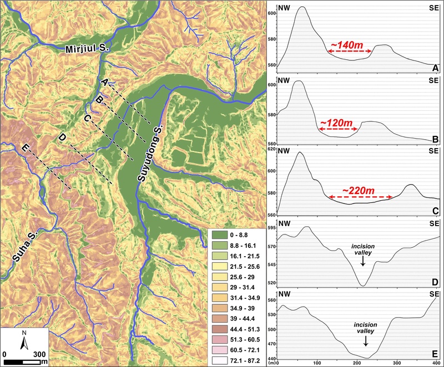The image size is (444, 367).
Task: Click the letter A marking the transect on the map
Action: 104,82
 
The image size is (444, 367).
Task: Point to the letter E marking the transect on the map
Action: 23,148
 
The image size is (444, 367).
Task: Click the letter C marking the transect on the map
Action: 87,118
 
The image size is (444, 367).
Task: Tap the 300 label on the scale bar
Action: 39,353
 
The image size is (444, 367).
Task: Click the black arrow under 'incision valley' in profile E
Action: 370,337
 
